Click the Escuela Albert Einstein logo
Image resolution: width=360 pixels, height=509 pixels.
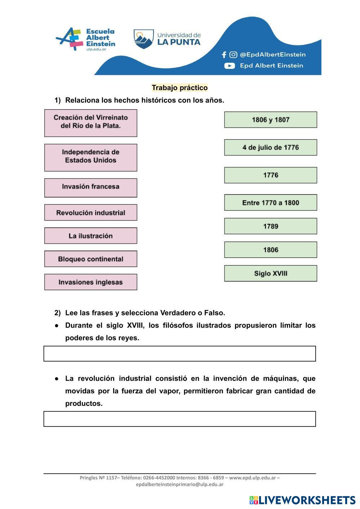[86, 39]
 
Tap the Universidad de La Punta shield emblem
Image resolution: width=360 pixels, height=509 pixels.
[143, 39]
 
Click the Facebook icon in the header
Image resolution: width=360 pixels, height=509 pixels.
[224, 55]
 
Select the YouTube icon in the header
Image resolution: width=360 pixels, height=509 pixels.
[230, 66]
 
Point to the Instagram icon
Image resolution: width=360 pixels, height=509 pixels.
[233, 55]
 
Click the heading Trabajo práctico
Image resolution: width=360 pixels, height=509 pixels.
[179, 88]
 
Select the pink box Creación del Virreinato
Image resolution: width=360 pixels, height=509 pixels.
[90, 123]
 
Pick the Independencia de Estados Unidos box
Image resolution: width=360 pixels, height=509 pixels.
[90, 158]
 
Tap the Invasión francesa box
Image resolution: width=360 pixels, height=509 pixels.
[90, 187]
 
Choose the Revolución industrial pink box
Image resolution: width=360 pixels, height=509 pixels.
[90, 213]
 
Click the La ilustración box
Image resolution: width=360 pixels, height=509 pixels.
[90, 236]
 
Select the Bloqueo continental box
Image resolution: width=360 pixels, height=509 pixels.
[90, 259]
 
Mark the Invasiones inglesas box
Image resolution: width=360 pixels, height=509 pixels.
[90, 282]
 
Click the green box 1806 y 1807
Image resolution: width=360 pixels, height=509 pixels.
[270, 120]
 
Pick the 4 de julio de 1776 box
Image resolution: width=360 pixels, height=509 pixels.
[270, 147]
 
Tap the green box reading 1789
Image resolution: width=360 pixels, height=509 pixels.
[270, 226]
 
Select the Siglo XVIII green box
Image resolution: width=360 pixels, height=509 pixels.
[270, 273]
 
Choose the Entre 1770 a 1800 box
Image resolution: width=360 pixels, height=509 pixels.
[270, 203]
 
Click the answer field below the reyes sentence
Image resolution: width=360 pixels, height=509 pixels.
[179, 354]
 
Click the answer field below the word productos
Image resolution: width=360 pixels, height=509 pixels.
[179, 419]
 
